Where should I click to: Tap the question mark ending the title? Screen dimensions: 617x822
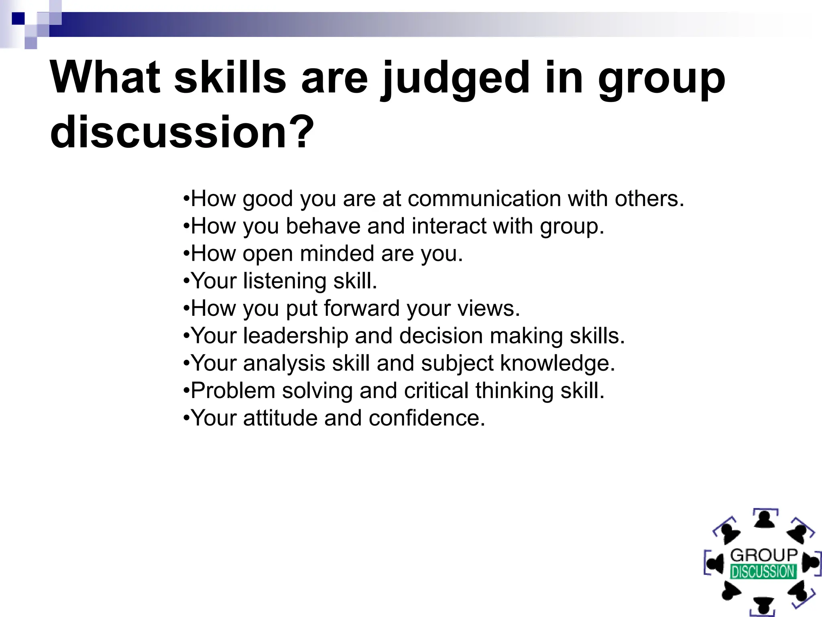pos(300,132)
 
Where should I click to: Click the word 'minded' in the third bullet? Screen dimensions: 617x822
pos(337,253)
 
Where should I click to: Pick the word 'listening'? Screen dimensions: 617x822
pos(285,281)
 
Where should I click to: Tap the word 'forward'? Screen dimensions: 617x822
pos(362,308)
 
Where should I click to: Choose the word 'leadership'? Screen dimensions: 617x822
pos(296,336)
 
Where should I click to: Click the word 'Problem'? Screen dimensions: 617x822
pos(233,390)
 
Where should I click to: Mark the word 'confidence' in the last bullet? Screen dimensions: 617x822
pos(426,418)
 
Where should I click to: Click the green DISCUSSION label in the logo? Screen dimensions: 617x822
pos(763,572)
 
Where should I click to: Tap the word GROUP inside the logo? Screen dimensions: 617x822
pos(764,555)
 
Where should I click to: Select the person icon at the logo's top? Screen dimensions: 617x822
pos(765,519)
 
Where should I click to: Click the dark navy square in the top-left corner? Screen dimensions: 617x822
pos(18,18)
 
